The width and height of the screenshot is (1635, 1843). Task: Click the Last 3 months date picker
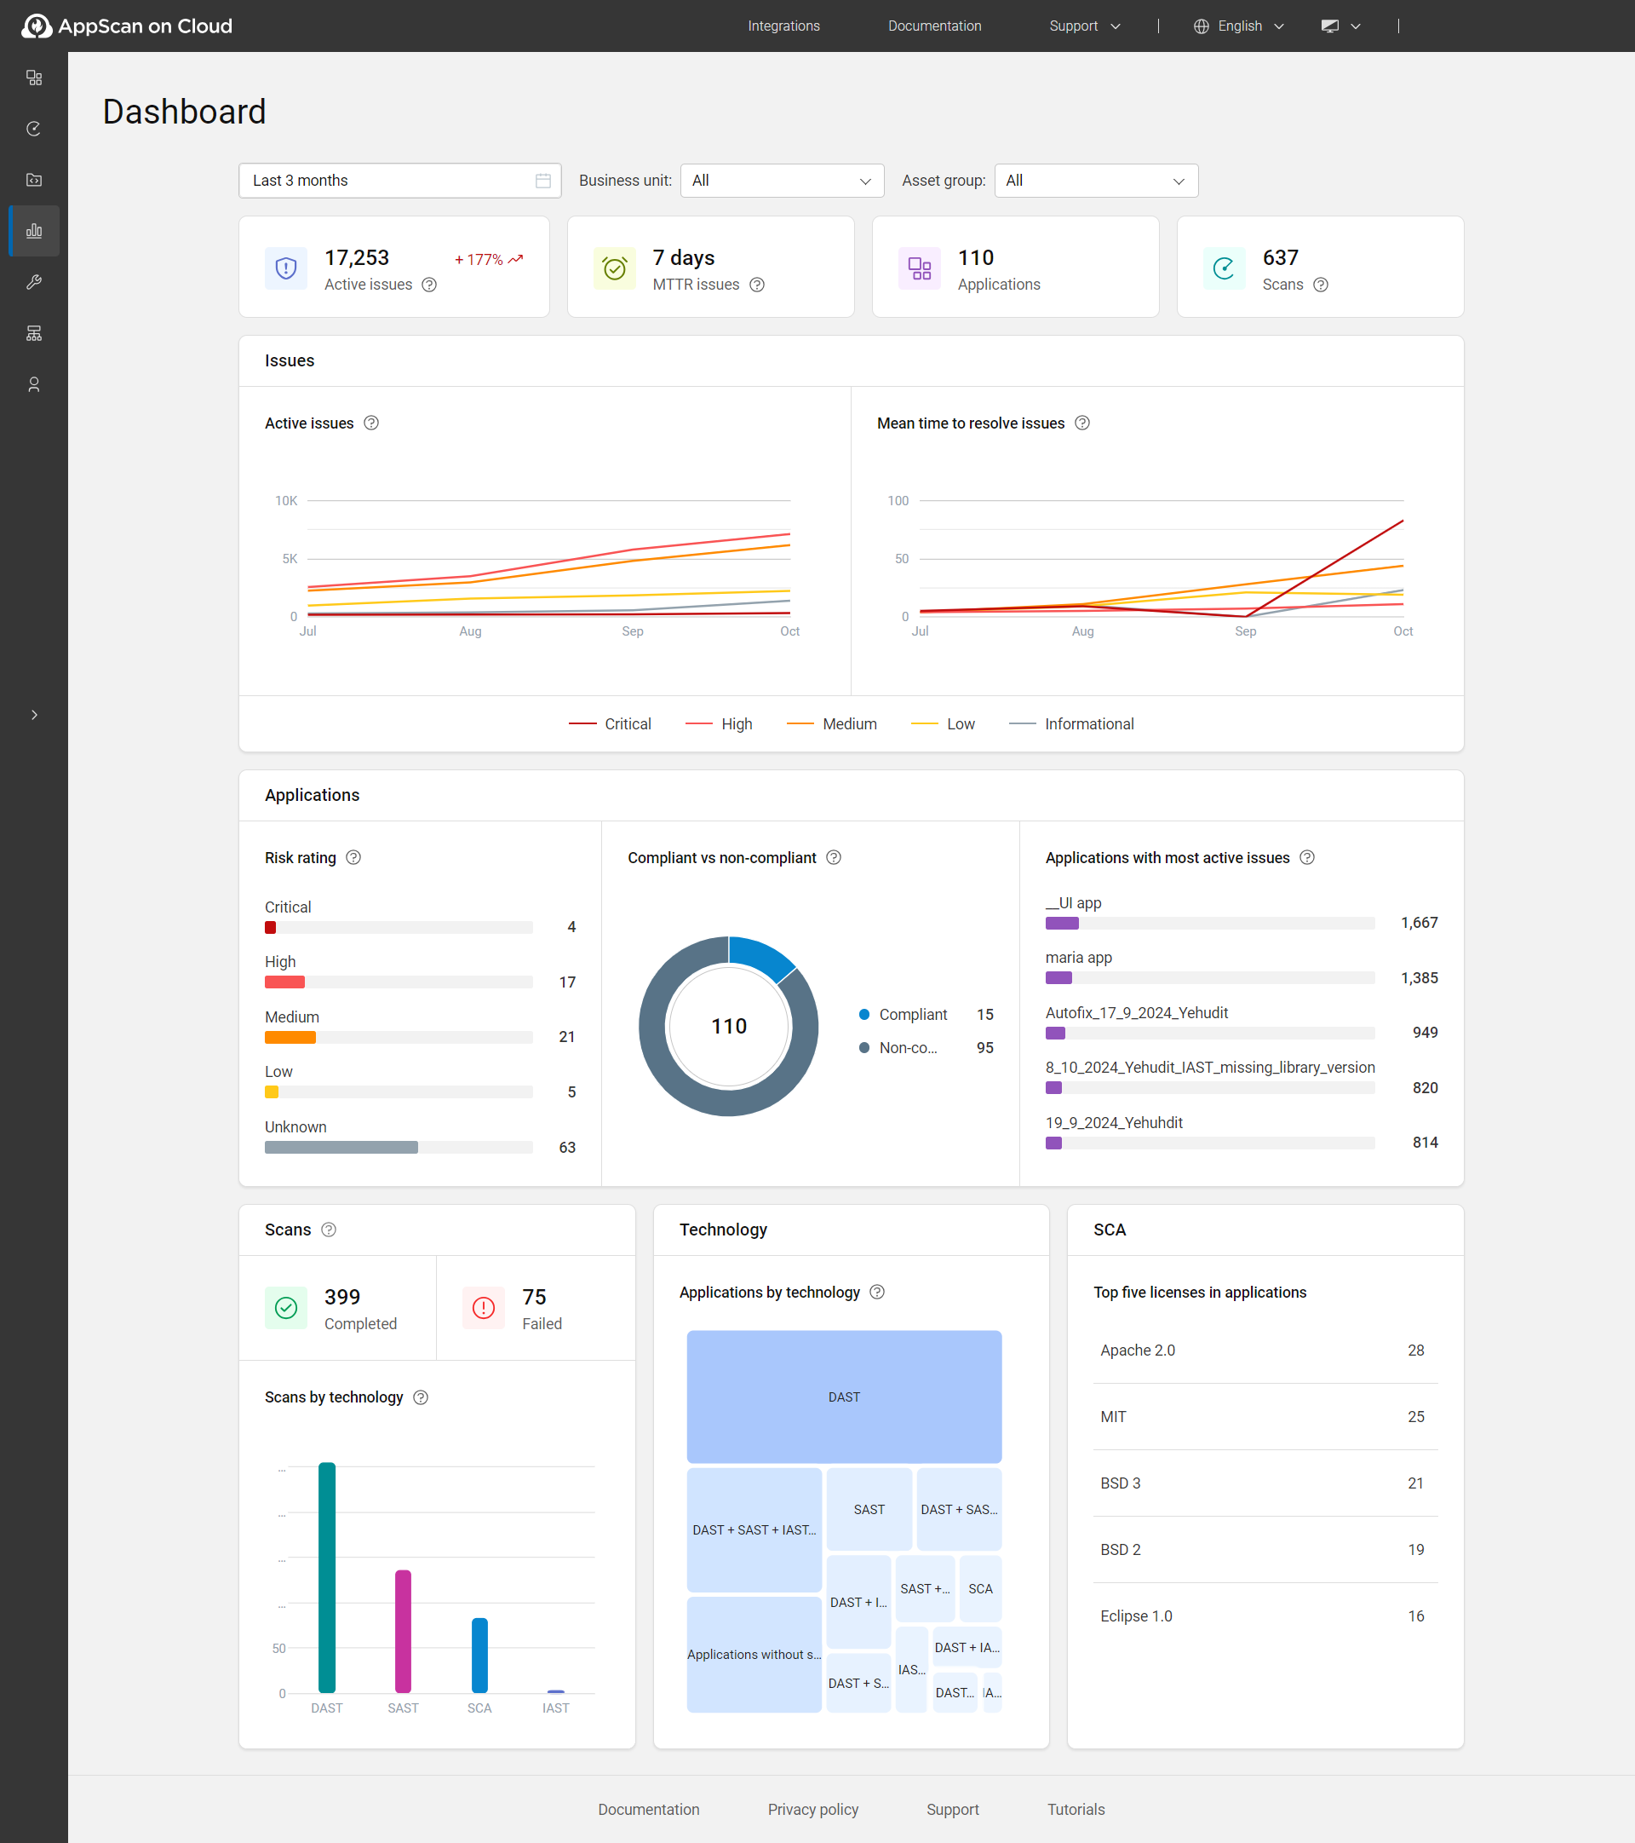click(399, 181)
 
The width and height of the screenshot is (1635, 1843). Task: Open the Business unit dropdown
click(782, 181)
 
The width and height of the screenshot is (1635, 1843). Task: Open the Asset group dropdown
click(1095, 181)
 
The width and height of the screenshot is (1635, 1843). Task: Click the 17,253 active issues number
click(357, 258)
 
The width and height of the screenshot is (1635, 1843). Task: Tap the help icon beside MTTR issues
click(757, 285)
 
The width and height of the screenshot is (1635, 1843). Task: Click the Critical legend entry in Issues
click(611, 724)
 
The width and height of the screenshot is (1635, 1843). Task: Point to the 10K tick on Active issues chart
click(286, 500)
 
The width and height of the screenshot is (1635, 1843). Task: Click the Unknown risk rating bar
click(341, 1147)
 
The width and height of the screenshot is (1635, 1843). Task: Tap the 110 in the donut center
click(728, 1026)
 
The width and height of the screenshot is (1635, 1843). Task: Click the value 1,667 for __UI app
click(1419, 923)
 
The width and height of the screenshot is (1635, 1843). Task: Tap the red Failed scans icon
click(483, 1307)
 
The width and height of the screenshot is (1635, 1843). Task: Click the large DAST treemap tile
click(844, 1396)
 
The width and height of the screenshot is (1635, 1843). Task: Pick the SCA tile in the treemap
click(980, 1589)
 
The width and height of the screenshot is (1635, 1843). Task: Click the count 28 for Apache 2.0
click(1415, 1350)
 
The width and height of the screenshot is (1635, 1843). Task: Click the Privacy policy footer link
click(812, 1809)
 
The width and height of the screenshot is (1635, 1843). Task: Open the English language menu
click(1238, 26)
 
